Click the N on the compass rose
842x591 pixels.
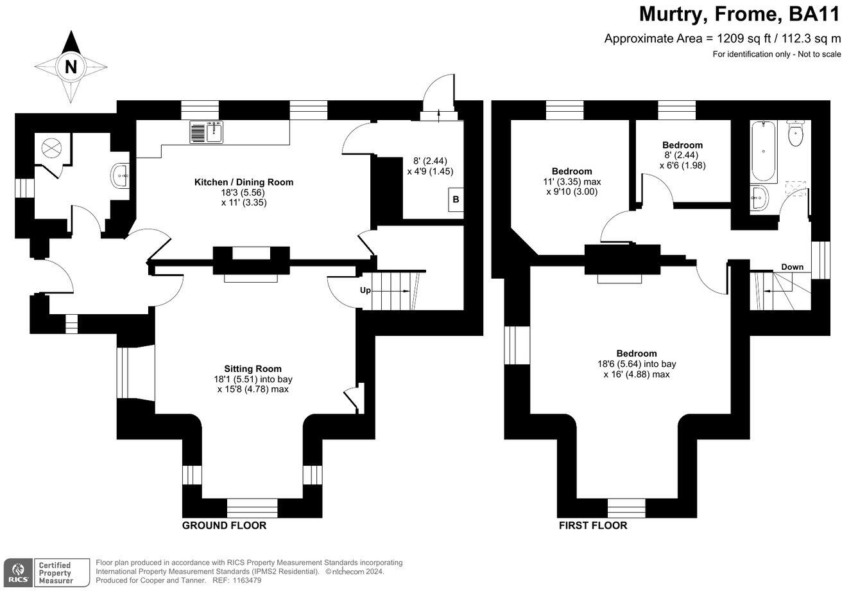71,67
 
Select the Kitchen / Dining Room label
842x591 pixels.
244,182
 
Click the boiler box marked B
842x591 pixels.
456,200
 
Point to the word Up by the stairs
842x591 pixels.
365,290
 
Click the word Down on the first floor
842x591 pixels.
792,267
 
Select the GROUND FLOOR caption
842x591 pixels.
224,525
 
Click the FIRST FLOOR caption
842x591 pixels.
592,525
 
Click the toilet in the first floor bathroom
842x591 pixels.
796,134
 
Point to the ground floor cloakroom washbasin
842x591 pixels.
120,175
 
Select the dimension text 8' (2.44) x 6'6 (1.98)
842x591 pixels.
682,160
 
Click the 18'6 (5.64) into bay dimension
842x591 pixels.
637,364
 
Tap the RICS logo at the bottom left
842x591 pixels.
17,571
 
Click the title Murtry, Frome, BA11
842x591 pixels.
739,14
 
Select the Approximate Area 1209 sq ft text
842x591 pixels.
722,39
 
